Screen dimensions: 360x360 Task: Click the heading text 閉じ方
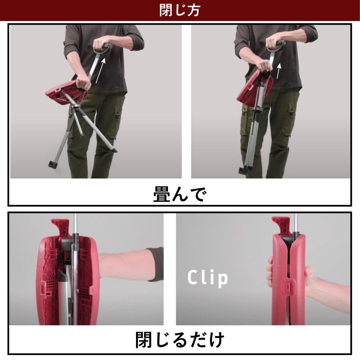point(180,10)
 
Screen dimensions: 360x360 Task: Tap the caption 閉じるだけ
point(180,340)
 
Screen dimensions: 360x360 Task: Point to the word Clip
point(208,278)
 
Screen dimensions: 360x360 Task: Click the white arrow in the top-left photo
point(100,70)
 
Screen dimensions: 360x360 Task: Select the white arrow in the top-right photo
point(279,71)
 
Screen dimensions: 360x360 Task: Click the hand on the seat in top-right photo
point(265,66)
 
